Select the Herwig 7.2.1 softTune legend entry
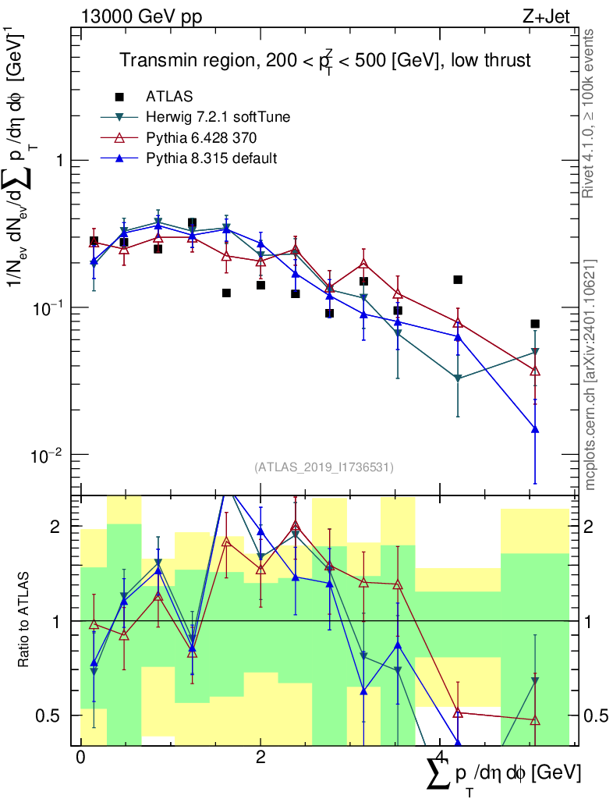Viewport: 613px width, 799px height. [218, 118]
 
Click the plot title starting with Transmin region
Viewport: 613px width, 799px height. [324, 61]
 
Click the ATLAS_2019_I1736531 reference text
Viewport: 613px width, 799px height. [324, 467]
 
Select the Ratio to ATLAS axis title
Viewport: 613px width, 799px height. [25, 620]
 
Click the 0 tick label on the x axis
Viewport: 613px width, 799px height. [80, 758]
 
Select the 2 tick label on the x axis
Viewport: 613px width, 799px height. [260, 758]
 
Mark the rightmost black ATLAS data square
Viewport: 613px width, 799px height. [535, 324]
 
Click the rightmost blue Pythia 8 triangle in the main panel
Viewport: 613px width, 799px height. [535, 429]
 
